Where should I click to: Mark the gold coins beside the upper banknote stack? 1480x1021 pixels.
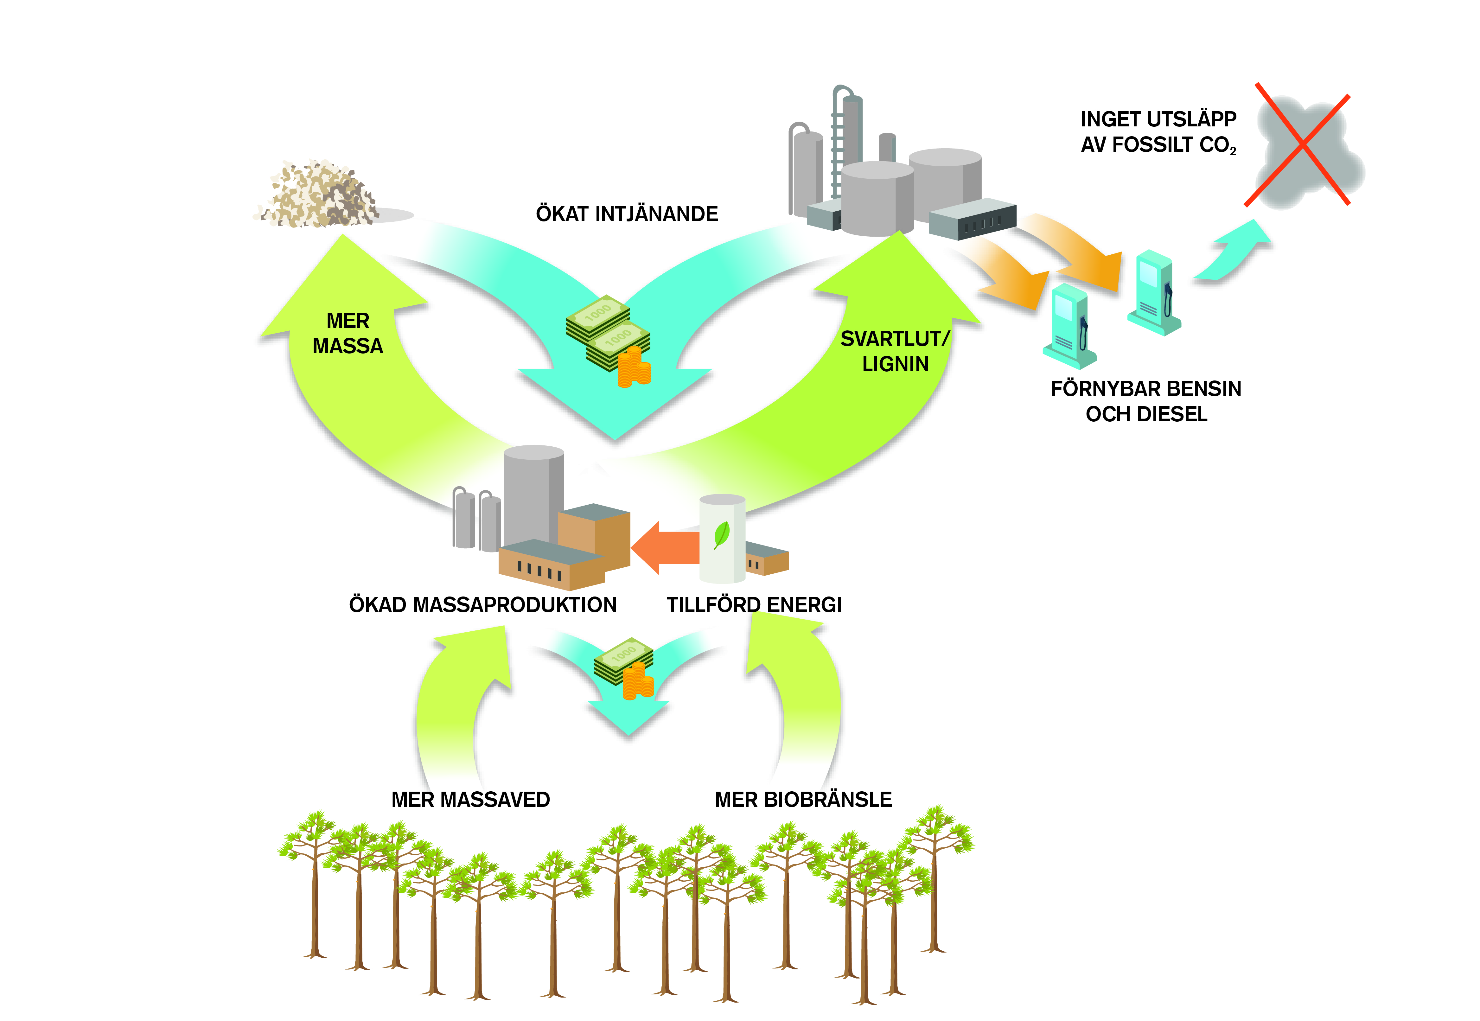click(633, 368)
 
